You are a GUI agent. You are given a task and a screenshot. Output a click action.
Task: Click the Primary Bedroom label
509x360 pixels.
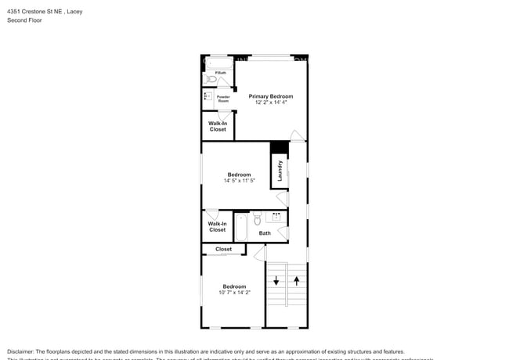[270, 96]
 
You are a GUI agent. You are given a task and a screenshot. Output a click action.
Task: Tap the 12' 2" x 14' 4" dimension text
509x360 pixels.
[270, 103]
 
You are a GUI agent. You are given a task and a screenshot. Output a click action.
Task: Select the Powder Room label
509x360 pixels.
[223, 99]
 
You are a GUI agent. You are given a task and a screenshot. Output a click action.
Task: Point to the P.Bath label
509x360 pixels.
[221, 74]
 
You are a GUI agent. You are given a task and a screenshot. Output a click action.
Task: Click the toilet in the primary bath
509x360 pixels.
[211, 80]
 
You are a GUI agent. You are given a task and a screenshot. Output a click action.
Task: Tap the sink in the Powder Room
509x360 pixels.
[208, 97]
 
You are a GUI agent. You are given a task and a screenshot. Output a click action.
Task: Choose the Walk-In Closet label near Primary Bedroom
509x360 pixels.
[218, 126]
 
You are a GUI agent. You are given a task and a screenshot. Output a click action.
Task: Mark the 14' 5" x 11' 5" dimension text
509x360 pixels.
[239, 181]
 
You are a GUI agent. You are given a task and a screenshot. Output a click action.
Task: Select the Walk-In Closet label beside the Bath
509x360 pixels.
[217, 227]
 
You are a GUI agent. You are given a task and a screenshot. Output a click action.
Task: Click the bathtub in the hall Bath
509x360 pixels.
[241, 228]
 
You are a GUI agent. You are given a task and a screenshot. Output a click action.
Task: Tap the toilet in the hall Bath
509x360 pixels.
[258, 218]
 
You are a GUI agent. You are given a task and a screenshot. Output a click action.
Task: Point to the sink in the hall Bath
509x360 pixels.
[276, 216]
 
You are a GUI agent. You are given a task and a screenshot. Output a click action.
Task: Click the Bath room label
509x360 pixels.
[265, 233]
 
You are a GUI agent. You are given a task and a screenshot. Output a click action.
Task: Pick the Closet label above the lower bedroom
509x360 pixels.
[223, 249]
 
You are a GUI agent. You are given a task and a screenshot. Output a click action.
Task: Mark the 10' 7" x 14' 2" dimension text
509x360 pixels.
[234, 293]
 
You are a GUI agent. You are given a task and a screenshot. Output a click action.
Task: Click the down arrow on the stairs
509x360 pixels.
[276, 281]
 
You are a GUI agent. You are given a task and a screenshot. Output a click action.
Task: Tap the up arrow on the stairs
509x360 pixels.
[297, 280]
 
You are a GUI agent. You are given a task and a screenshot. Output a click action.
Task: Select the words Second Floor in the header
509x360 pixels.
[24, 20]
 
